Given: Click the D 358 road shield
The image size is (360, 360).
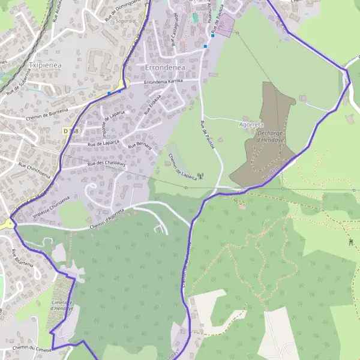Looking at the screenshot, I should tap(70, 130).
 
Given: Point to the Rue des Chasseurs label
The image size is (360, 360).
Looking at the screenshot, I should tap(106, 163).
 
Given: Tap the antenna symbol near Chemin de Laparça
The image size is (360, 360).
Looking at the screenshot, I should tap(200, 176).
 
